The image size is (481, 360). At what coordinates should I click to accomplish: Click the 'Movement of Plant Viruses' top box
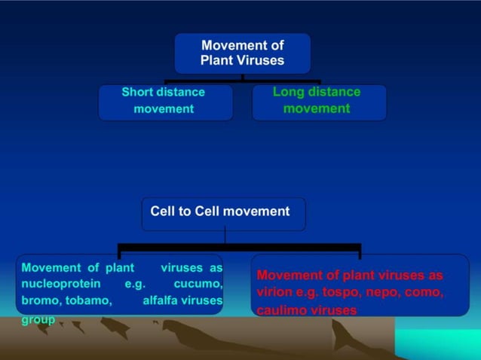click(242, 53)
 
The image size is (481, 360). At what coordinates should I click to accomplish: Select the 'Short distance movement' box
click(164, 102)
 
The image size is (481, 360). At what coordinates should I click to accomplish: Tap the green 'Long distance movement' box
click(318, 102)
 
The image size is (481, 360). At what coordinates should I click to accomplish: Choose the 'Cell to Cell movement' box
click(222, 213)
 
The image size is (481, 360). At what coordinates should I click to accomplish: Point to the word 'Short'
click(138, 92)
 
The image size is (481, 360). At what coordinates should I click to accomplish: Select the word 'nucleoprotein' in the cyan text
click(61, 284)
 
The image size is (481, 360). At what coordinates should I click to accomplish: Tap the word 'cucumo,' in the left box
click(198, 284)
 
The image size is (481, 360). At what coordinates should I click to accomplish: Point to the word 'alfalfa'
click(161, 301)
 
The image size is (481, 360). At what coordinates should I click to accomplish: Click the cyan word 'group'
click(38, 319)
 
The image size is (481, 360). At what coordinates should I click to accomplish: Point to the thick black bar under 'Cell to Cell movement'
click(239, 246)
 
